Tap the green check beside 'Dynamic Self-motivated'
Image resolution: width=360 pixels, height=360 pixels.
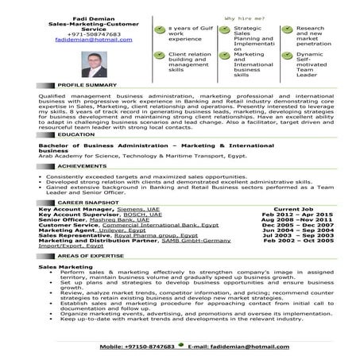point(287,56)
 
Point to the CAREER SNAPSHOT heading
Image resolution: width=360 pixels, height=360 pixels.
point(88,203)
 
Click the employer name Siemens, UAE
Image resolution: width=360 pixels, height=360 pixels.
point(134,209)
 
